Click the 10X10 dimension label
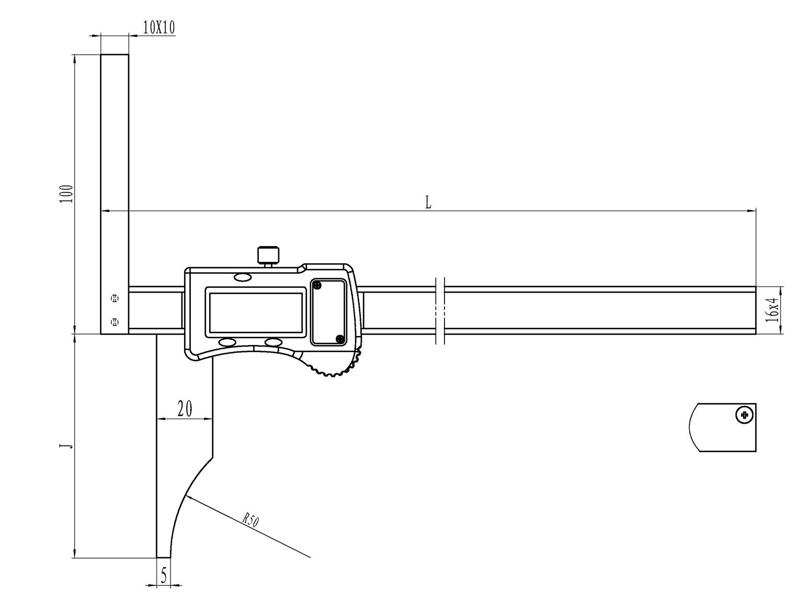click(158, 27)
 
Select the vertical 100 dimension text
click(66, 194)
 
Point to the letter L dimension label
click(428, 202)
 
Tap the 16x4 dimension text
click(772, 309)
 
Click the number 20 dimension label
click(185, 409)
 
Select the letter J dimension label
click(66, 446)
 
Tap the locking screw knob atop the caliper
click(268, 256)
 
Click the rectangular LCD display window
click(256, 313)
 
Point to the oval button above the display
click(243, 278)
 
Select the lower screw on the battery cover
click(340, 339)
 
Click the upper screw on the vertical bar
click(115, 299)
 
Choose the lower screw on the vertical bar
click(115, 321)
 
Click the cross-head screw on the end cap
click(745, 415)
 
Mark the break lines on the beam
click(440, 311)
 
